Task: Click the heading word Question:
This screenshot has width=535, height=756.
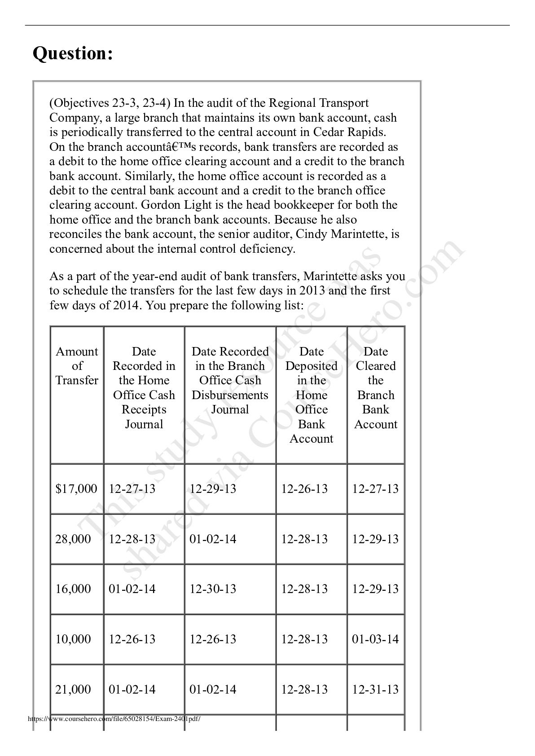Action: click(x=73, y=54)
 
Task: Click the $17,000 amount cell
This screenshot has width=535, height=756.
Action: click(x=76, y=489)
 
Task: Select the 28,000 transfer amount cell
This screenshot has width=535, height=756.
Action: click(x=73, y=539)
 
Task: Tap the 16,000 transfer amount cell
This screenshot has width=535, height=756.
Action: click(x=73, y=589)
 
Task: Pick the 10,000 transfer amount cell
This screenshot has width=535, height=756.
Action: click(x=73, y=639)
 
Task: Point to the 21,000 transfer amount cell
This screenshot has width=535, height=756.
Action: click(x=73, y=690)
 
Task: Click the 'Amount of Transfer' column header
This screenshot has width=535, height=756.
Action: click(x=77, y=366)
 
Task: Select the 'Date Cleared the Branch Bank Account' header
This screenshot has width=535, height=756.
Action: click(x=376, y=388)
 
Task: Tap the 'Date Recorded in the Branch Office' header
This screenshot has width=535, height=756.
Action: click(x=230, y=381)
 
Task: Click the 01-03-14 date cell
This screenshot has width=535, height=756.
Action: click(x=375, y=639)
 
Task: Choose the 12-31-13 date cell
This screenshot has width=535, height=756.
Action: click(x=375, y=690)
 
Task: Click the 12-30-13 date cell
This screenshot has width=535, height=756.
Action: click(x=213, y=589)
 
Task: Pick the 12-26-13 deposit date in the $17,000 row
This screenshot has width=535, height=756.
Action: click(x=304, y=489)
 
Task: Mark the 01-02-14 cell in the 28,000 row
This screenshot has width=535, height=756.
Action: click(x=213, y=539)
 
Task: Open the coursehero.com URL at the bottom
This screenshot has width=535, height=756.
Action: click(x=114, y=719)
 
